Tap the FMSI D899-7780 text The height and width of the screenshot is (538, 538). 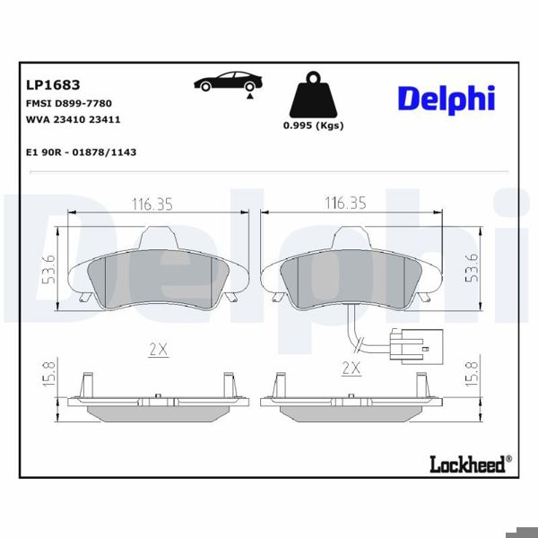(x=76, y=104)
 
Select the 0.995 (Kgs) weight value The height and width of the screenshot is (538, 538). (x=313, y=126)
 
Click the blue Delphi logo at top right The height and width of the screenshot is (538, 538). (x=446, y=98)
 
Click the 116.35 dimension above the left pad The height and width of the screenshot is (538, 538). (x=152, y=204)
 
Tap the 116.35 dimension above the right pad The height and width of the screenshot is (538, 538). (x=346, y=204)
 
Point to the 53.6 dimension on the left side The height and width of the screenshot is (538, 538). (x=49, y=270)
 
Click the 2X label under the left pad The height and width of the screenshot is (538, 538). (x=159, y=350)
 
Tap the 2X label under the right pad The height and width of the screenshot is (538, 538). (x=351, y=368)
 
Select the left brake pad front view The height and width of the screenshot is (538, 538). (x=160, y=273)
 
